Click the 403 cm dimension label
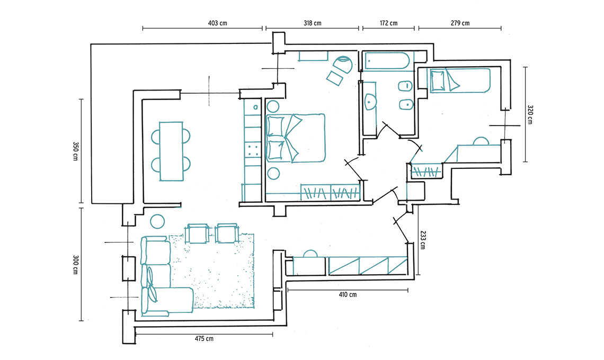[x=218, y=23]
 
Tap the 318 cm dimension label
[x=313, y=23]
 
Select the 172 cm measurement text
[x=389, y=23]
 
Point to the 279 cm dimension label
[x=460, y=23]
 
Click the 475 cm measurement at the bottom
[x=204, y=339]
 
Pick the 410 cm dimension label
[x=348, y=294]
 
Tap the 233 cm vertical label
[x=423, y=240]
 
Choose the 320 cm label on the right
[x=530, y=115]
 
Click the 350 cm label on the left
[x=75, y=151]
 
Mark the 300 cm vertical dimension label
[x=75, y=265]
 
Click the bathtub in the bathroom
[x=387, y=61]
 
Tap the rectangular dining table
[x=171, y=151]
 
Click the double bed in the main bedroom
[x=296, y=138]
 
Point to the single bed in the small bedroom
[x=460, y=80]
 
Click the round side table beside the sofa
[x=157, y=221]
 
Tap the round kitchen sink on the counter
[x=255, y=107]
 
